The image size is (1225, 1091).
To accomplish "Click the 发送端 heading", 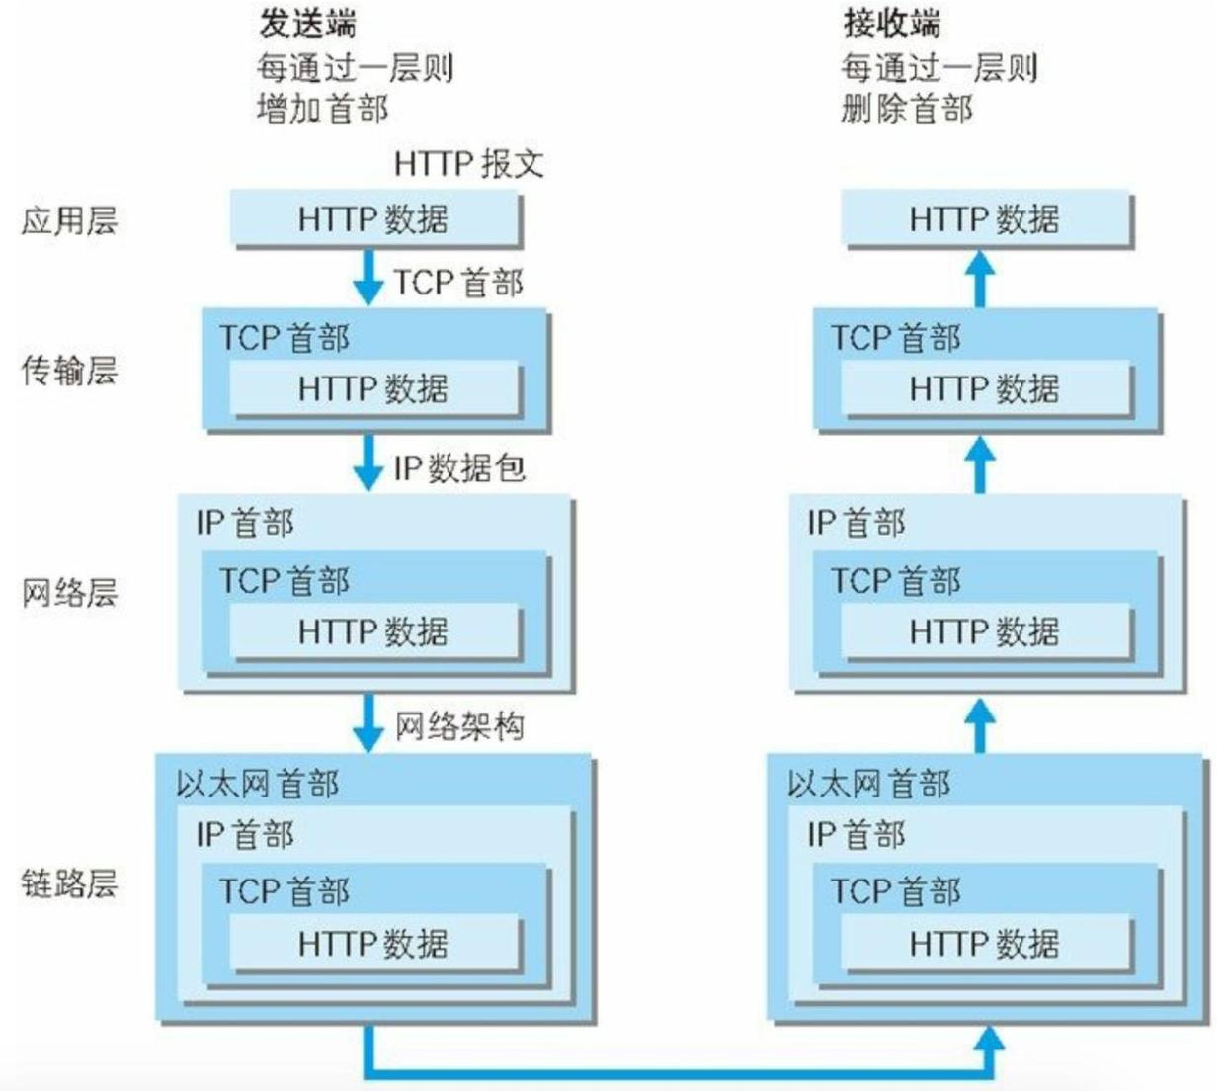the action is (307, 22).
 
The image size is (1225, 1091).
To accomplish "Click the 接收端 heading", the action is (891, 22).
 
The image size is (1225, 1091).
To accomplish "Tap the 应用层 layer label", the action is (69, 219).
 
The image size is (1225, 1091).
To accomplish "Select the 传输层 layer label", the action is (69, 371).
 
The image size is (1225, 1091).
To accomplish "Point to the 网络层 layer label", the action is (69, 593).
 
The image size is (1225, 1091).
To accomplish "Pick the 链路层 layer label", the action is (69, 882).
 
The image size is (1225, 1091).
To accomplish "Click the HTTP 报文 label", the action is (468, 163).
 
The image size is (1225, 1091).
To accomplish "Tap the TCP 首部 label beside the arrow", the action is (458, 283).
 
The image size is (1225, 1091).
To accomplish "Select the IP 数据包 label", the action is (459, 467).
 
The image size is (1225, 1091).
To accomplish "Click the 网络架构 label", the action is (459, 726).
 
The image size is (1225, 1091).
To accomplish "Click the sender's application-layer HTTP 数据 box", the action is (374, 218).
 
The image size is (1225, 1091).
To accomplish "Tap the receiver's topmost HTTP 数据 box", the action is (986, 218).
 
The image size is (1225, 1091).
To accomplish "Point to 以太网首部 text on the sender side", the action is (258, 784).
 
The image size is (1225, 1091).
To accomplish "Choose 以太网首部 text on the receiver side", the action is (869, 784).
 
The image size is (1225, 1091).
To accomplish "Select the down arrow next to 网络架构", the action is (368, 723).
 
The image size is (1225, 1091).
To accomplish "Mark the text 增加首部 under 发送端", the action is (322, 108).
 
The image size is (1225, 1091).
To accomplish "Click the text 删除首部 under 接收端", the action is (907, 108).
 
